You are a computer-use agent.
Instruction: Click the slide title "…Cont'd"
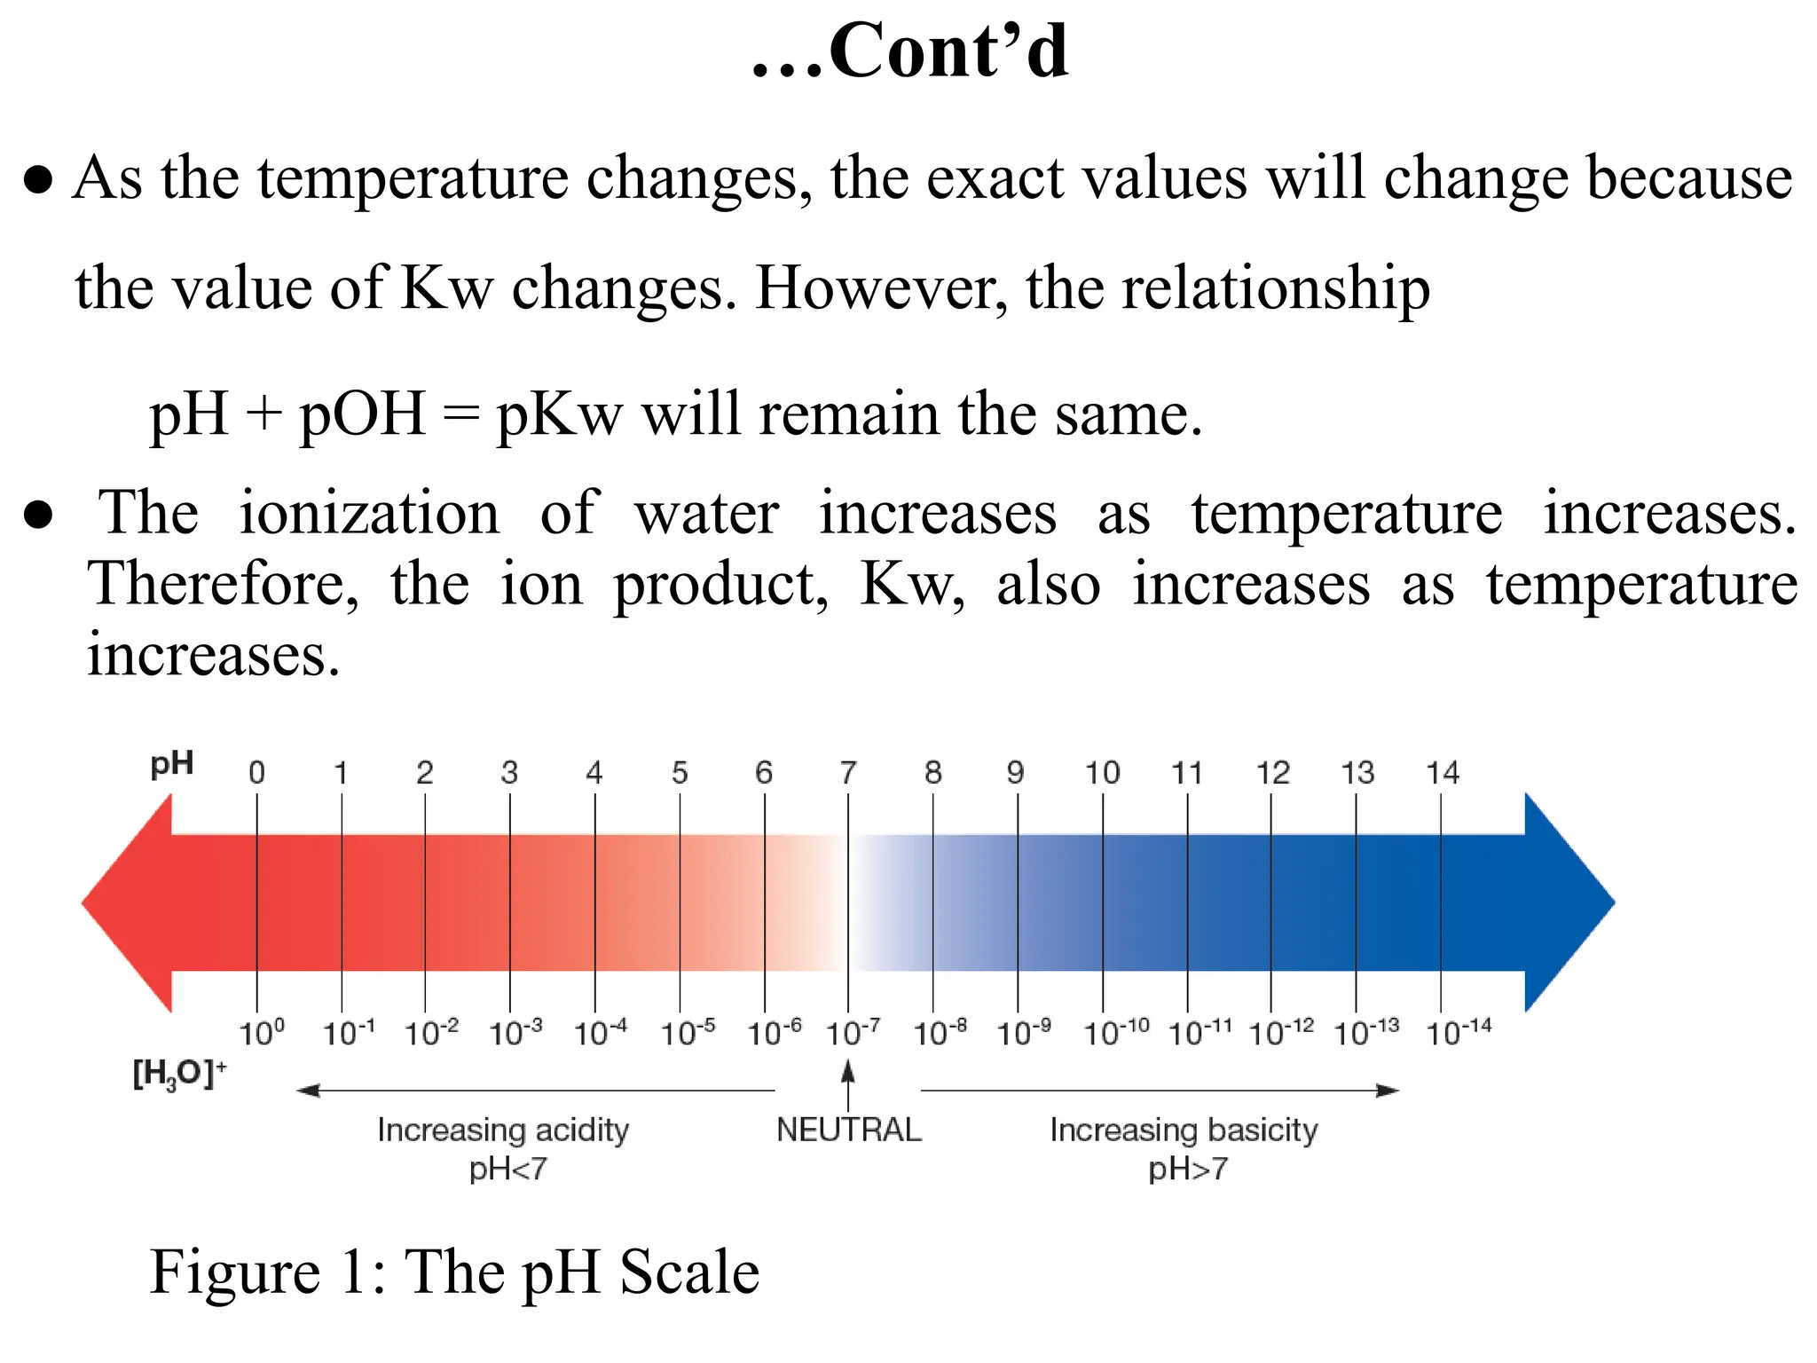910,51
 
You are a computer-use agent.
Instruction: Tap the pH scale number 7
848,773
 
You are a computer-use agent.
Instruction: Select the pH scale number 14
1443,773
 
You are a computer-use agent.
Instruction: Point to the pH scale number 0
256,773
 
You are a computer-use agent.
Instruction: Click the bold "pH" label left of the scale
172,764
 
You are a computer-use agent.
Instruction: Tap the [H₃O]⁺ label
179,1074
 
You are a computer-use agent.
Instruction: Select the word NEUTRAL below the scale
849,1130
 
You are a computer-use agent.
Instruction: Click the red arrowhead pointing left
129,902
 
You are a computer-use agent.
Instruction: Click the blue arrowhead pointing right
1569,902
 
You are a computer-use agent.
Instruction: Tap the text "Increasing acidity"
503,1130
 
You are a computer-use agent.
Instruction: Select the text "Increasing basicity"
1184,1130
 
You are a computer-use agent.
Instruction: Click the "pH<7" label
508,1170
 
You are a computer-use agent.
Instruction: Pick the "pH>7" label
1188,1170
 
